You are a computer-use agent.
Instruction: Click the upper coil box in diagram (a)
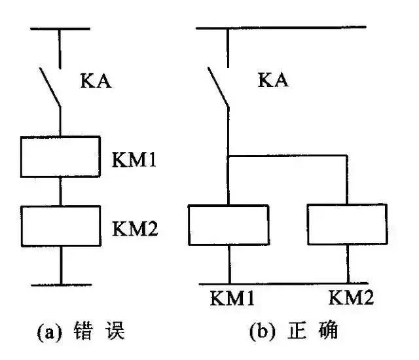[60, 156]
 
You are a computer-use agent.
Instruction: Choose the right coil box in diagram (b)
[347, 224]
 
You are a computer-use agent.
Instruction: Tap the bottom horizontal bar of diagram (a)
[60, 284]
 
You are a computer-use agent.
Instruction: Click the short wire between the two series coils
[60, 190]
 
